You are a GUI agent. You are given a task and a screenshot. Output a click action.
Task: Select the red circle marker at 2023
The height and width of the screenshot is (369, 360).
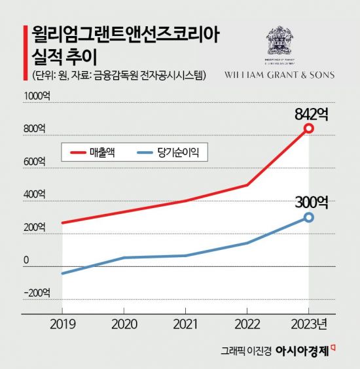click(x=309, y=129)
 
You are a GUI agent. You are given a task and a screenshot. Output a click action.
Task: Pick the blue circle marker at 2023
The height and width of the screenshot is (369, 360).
click(x=309, y=217)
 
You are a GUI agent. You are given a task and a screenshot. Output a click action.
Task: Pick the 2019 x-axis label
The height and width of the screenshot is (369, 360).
click(x=62, y=325)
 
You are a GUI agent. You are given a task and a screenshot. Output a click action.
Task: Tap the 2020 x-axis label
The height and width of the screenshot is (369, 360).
click(x=124, y=325)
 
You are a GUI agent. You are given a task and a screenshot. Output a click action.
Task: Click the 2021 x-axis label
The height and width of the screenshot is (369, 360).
click(x=185, y=325)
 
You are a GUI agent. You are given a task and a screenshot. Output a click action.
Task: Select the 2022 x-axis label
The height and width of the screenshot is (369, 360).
click(x=247, y=325)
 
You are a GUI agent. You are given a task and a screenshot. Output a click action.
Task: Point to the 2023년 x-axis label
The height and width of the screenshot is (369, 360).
click(x=311, y=325)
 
